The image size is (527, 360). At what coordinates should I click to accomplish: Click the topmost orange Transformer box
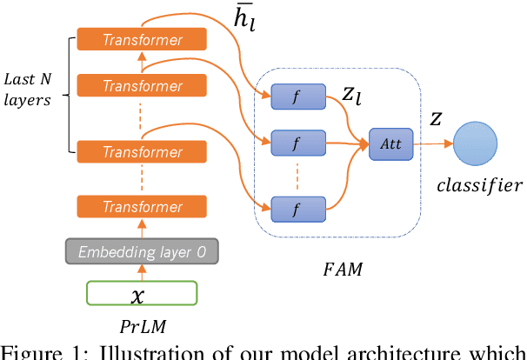pyautogui.click(x=142, y=39)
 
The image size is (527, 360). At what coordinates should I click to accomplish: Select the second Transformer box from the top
pyautogui.click(x=142, y=85)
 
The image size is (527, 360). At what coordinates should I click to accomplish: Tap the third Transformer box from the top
pyautogui.click(x=142, y=151)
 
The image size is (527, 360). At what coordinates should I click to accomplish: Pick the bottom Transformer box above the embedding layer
pyautogui.click(x=142, y=207)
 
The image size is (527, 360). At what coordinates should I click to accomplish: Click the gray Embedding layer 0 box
pyautogui.click(x=142, y=252)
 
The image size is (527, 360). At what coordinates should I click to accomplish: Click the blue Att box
pyautogui.click(x=390, y=143)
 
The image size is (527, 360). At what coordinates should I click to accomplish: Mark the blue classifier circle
pyautogui.click(x=474, y=143)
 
